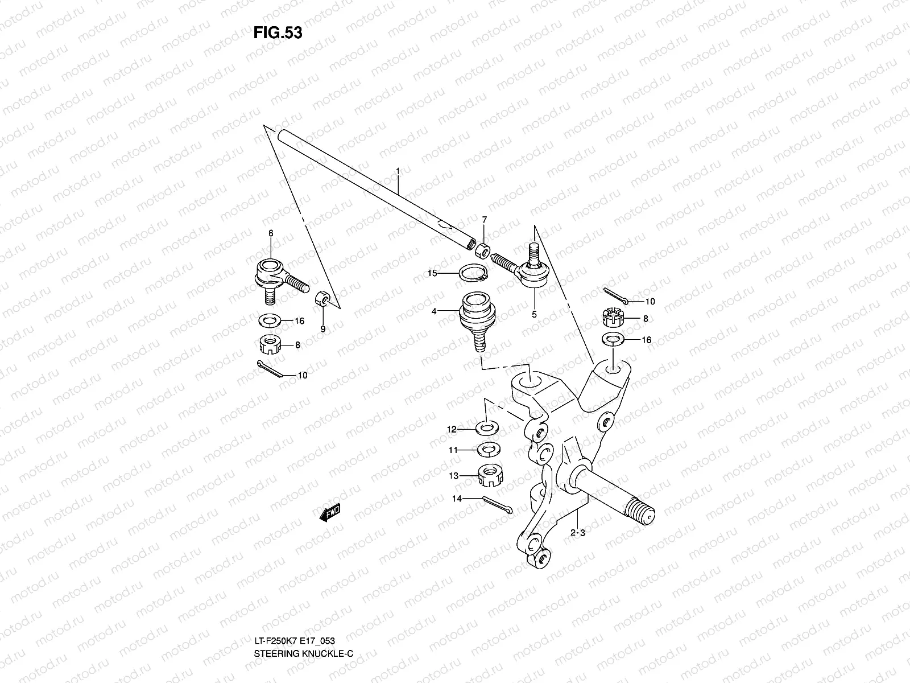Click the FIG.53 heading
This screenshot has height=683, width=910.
click(x=278, y=33)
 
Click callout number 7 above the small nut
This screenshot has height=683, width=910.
click(x=484, y=219)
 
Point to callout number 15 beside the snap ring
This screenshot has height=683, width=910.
click(x=432, y=273)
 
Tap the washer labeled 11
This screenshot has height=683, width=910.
click(x=486, y=450)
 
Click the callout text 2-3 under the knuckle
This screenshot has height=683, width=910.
click(x=578, y=533)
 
